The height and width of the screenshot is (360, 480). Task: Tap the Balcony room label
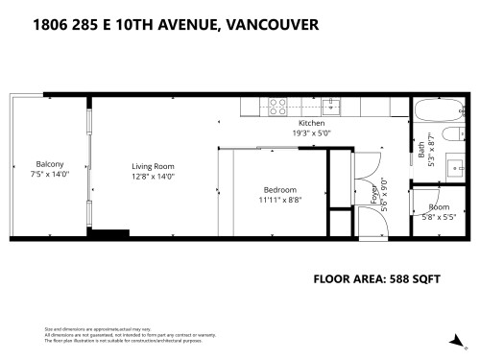[50, 163]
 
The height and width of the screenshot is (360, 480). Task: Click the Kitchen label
[311, 124]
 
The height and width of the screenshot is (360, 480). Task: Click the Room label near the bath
[439, 207]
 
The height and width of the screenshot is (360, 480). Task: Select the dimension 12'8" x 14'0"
[154, 177]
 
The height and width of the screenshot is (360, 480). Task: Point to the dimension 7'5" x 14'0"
[50, 174]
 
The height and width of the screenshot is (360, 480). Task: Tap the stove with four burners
[276, 105]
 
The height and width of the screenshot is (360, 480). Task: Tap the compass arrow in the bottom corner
[463, 336]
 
